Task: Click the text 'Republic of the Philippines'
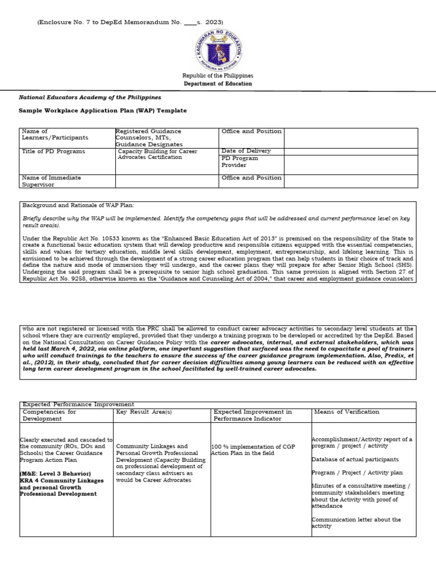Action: coord(217,75)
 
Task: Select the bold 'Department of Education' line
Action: coord(217,84)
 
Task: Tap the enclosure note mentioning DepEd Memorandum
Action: coord(130,22)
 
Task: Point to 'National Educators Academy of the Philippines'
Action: coord(90,98)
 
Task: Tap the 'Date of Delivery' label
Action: coord(246,151)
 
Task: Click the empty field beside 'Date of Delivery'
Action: coord(350,151)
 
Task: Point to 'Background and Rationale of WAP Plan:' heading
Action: coord(78,205)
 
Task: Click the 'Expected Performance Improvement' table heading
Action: coord(78,404)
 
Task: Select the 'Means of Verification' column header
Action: coord(346,412)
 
